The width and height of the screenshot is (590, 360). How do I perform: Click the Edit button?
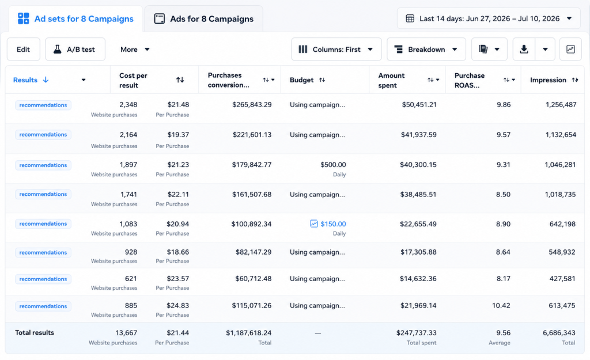[23, 50]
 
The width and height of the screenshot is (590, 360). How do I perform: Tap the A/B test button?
[75, 50]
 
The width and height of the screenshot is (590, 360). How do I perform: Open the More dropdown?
[135, 50]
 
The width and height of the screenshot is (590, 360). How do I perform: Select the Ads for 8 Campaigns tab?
[203, 19]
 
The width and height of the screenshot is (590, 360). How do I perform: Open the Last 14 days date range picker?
[489, 18]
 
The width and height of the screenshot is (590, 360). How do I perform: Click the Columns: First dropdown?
[336, 50]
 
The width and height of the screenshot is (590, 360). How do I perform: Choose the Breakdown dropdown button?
[426, 50]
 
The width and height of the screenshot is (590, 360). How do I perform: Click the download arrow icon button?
[524, 50]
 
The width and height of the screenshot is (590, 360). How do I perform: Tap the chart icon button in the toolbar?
[570, 50]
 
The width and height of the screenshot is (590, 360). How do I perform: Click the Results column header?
[25, 79]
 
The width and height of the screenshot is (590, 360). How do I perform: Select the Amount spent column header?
[391, 80]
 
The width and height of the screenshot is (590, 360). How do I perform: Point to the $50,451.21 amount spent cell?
[419, 105]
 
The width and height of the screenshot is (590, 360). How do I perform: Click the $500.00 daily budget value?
[333, 165]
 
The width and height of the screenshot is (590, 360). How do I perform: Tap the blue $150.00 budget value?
[333, 224]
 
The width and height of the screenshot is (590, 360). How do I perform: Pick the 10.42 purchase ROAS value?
[501, 305]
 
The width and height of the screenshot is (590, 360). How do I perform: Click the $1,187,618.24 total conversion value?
[249, 332]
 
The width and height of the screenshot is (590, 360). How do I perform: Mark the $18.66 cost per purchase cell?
[178, 252]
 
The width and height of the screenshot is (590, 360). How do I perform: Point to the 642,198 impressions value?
[562, 224]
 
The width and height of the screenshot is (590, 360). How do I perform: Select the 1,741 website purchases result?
[128, 195]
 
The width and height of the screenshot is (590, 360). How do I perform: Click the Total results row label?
[35, 332]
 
